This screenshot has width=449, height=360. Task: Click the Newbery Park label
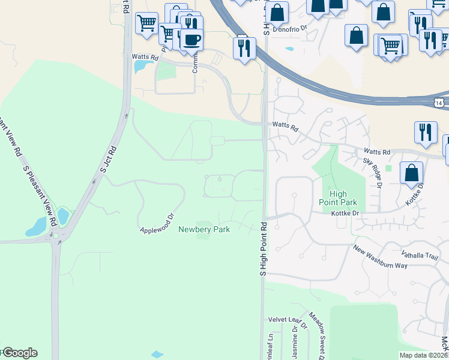click(204, 229)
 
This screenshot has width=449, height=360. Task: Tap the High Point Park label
click(338, 198)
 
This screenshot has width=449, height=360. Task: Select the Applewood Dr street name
click(156, 223)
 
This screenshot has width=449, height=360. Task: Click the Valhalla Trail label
click(423, 255)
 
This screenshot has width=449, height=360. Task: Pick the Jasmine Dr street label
click(295, 346)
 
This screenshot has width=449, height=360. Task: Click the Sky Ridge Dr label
click(372, 172)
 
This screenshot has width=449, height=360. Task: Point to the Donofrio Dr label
click(290, 28)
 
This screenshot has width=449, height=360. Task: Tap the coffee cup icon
click(191, 40)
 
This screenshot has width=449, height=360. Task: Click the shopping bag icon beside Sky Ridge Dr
click(411, 173)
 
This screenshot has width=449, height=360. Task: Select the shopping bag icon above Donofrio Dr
click(277, 11)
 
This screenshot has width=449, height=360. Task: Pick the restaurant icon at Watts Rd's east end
click(426, 132)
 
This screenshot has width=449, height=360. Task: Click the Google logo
click(19, 353)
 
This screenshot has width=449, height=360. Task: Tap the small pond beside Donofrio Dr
click(290, 48)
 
